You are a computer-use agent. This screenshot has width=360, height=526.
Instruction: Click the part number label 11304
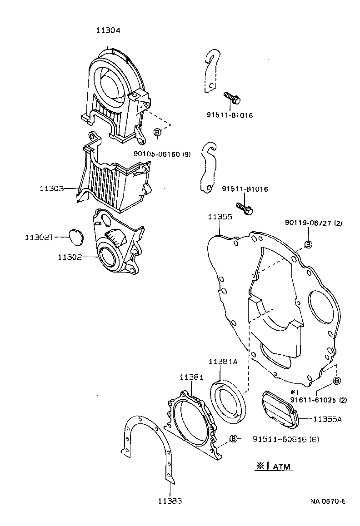pos(108,30)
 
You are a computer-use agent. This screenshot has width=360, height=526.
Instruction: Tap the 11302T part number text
pos(39,237)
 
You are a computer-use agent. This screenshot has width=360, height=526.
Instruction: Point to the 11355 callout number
pos(220,217)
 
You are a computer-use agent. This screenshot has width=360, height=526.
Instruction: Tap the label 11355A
pos(327,419)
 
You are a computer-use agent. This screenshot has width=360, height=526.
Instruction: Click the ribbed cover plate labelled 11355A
pos(279,409)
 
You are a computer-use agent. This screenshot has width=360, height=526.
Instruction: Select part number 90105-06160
pos(156,154)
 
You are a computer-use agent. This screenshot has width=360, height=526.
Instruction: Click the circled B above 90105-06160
pos(157,132)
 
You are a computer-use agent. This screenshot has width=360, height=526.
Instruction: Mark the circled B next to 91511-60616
pos(233,439)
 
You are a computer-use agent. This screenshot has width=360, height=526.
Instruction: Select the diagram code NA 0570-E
pos(328,501)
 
